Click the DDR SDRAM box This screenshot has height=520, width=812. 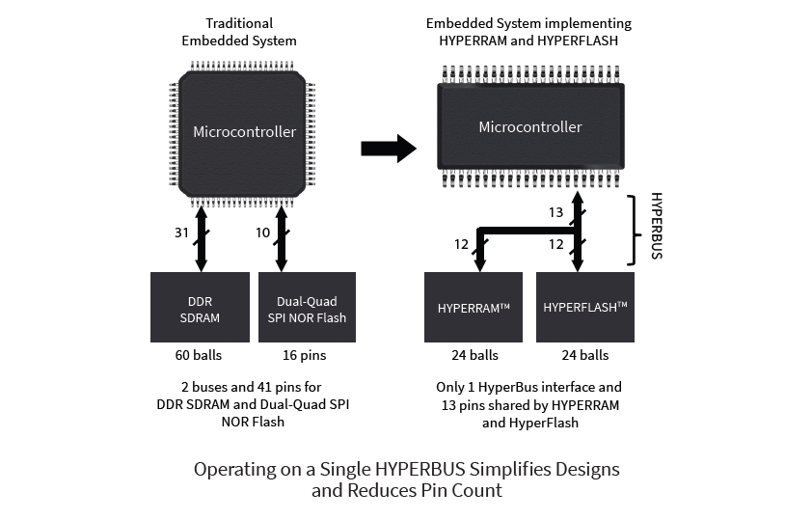(x=200, y=307)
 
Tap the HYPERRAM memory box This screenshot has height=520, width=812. (x=473, y=307)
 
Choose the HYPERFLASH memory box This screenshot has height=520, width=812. (x=584, y=307)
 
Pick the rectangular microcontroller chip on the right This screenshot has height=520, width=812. (x=530, y=126)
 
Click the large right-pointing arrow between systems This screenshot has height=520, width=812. (x=388, y=148)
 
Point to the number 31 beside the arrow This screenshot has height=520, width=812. (x=180, y=233)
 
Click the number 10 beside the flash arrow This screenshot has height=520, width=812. (x=262, y=233)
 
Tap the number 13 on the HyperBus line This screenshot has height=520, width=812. (x=555, y=212)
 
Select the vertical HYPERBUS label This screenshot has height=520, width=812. (x=657, y=226)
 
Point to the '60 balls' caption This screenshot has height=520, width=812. (x=200, y=355)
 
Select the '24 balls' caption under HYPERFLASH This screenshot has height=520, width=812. (x=585, y=355)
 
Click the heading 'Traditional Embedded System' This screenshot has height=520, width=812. (x=239, y=32)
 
